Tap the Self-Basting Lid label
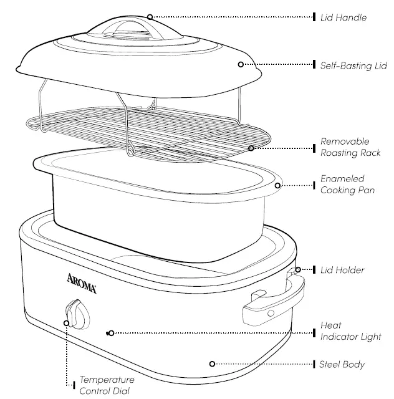(x=353, y=65)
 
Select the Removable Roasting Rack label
(x=349, y=147)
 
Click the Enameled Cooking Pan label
(x=347, y=185)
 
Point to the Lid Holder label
(x=342, y=270)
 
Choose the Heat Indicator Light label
(x=350, y=331)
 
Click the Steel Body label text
(x=342, y=364)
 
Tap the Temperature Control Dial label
(x=106, y=385)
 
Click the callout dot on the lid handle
(x=150, y=16)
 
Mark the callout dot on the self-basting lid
(x=239, y=64)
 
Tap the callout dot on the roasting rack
(x=251, y=148)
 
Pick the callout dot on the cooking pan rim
(x=277, y=185)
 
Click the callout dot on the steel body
(x=212, y=363)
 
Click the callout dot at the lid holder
(x=298, y=270)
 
